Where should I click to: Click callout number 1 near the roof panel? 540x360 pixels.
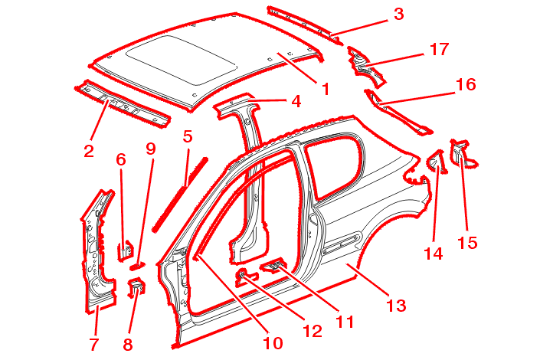tap(325, 89)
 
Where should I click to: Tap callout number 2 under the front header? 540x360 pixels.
tap(89, 151)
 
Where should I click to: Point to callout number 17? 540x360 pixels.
tap(438, 49)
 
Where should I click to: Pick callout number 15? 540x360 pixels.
tap(467, 243)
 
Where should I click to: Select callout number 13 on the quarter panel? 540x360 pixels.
tap(395, 306)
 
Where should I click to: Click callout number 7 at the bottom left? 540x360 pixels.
tap(94, 344)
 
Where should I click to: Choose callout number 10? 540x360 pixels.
tap(272, 342)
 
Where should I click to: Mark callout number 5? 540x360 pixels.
tap(187, 137)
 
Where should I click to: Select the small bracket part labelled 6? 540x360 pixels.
tap(123, 250)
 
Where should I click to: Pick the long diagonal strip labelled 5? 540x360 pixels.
tap(181, 191)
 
